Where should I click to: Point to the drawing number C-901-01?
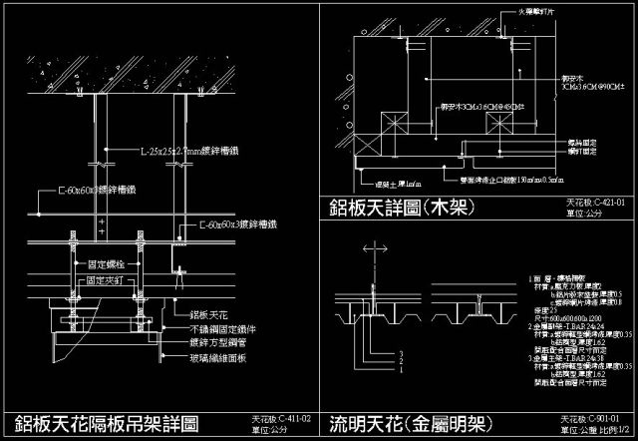click(x=592, y=419)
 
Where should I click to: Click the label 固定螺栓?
click(x=106, y=264)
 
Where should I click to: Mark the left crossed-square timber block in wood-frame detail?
click(x=387, y=123)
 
